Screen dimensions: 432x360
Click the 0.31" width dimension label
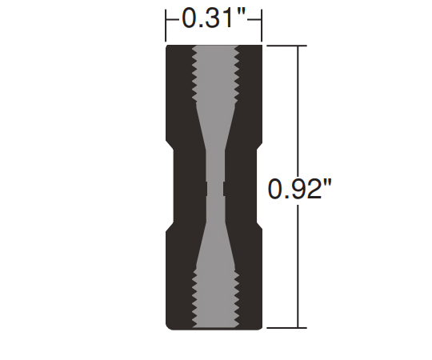[214, 18]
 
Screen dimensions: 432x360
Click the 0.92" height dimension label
[300, 189]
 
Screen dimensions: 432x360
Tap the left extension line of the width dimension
[166, 26]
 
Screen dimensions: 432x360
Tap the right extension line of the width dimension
[262, 26]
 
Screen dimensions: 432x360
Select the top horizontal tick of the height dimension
[287, 46]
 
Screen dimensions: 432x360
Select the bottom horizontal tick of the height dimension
[287, 328]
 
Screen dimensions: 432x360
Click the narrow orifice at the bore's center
[215, 189]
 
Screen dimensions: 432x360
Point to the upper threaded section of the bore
[215, 74]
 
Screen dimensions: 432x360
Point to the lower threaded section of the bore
[215, 299]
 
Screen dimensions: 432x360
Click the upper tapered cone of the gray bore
[215, 126]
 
